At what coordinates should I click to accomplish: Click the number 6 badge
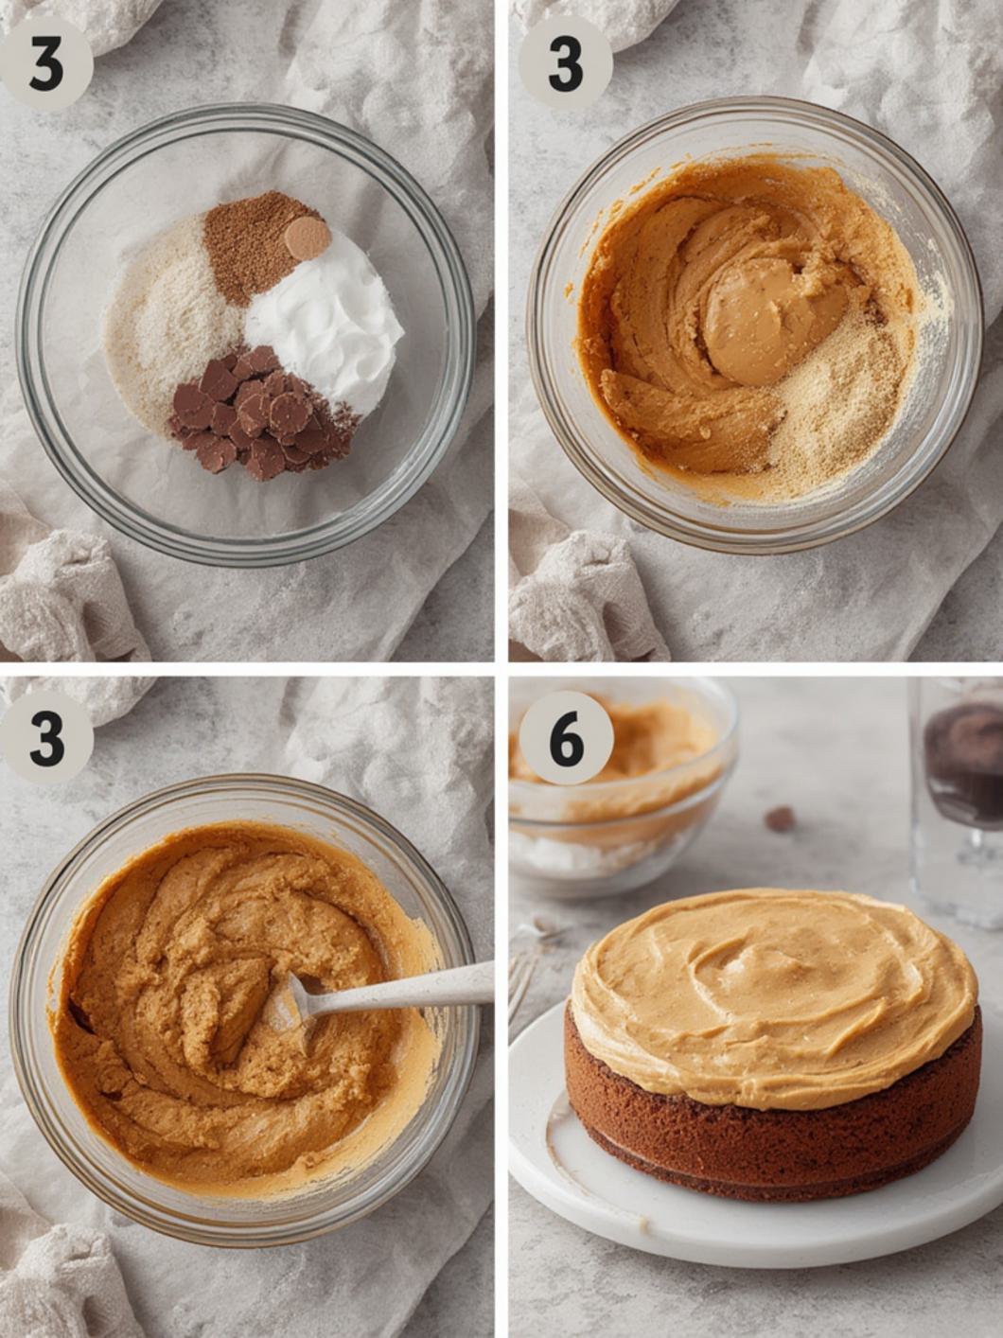click(x=566, y=737)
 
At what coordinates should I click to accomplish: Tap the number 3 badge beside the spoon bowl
click(x=45, y=737)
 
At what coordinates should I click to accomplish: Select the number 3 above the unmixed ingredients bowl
click(x=45, y=63)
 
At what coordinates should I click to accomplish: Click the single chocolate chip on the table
click(x=779, y=819)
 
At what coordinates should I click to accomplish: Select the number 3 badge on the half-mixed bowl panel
click(x=565, y=63)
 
